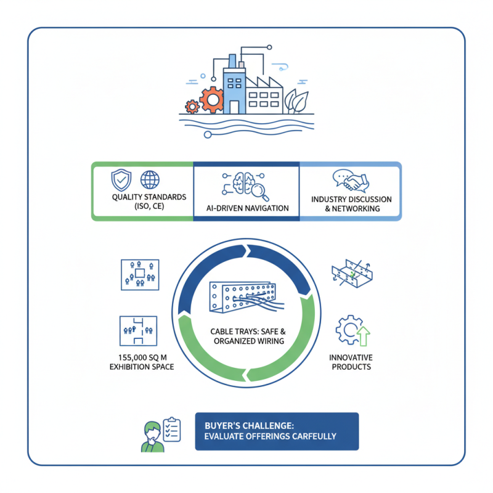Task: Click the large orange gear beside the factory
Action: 211,99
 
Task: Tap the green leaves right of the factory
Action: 298,102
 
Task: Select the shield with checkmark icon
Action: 120,180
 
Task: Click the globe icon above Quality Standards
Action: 150,180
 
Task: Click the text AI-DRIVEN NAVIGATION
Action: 246,208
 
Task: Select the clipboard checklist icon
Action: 172,429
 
